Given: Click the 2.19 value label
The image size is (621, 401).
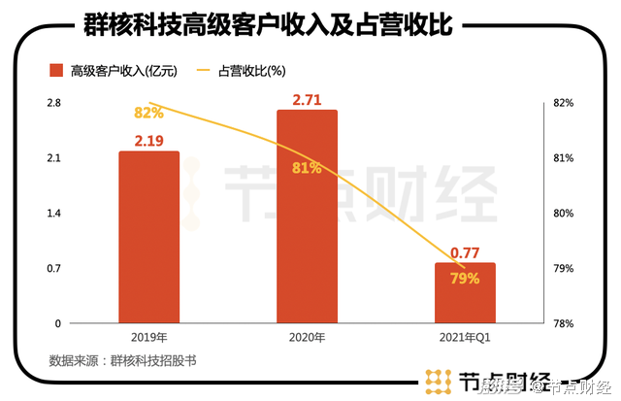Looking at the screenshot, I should pos(148,141).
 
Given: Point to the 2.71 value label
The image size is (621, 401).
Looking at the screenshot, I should pos(307,99).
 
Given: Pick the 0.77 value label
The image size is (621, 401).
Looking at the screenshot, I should pos(466,252).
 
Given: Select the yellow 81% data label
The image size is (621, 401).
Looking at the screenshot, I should pos(307,168).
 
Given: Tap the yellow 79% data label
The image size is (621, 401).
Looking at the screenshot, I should pos(466,279).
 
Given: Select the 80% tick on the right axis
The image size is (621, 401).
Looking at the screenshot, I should pos(564,213).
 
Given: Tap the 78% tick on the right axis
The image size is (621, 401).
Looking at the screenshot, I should pos(564,323).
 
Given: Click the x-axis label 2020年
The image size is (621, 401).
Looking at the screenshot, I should pos(307,337).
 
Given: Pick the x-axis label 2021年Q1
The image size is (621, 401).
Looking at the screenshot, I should pos(466,337).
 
